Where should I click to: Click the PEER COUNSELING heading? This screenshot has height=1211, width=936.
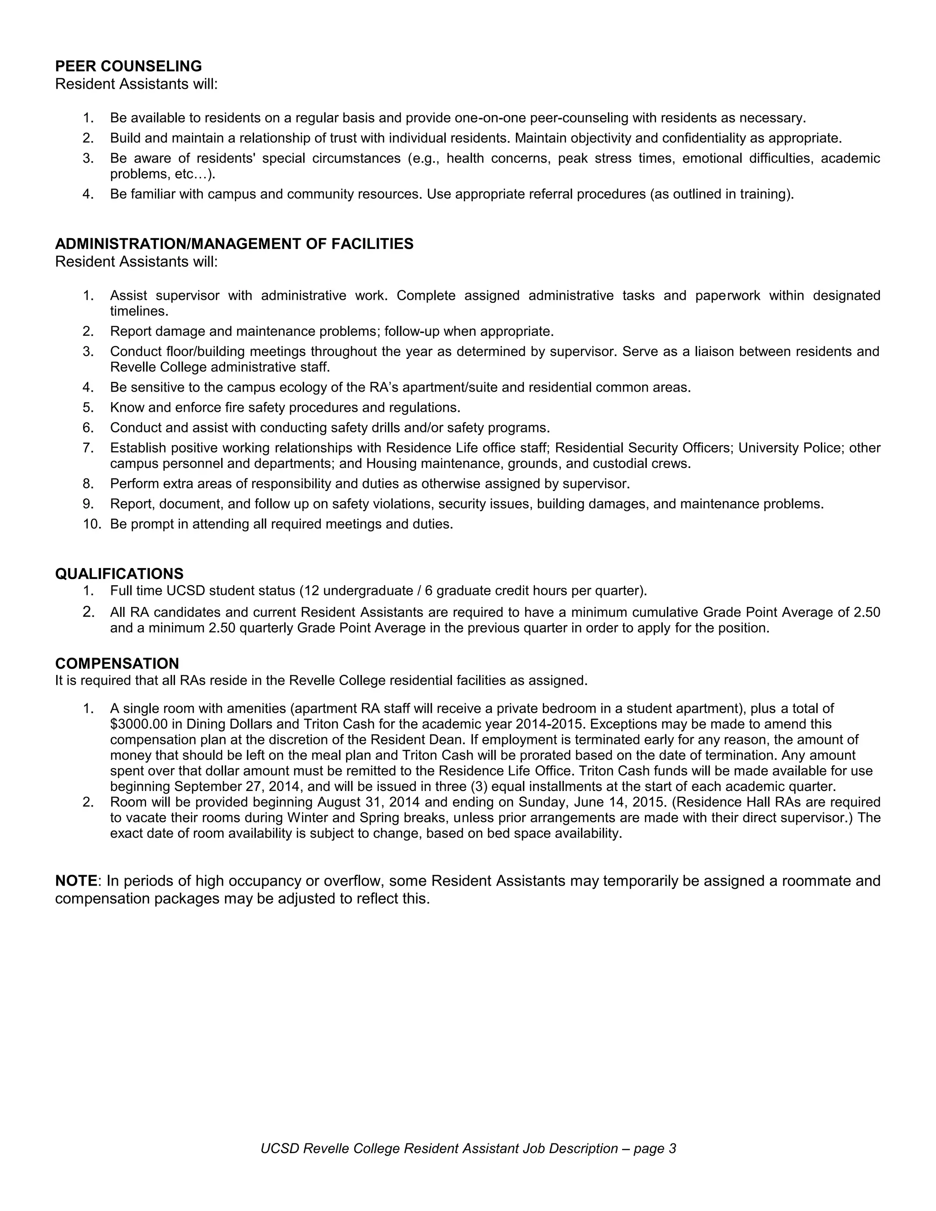(x=128, y=67)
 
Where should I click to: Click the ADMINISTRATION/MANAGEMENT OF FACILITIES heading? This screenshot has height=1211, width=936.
(x=234, y=244)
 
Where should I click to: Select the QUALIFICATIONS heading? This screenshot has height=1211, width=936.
(x=119, y=574)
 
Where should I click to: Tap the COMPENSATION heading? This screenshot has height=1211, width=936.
(x=117, y=663)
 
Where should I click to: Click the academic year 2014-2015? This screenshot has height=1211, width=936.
(x=549, y=724)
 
